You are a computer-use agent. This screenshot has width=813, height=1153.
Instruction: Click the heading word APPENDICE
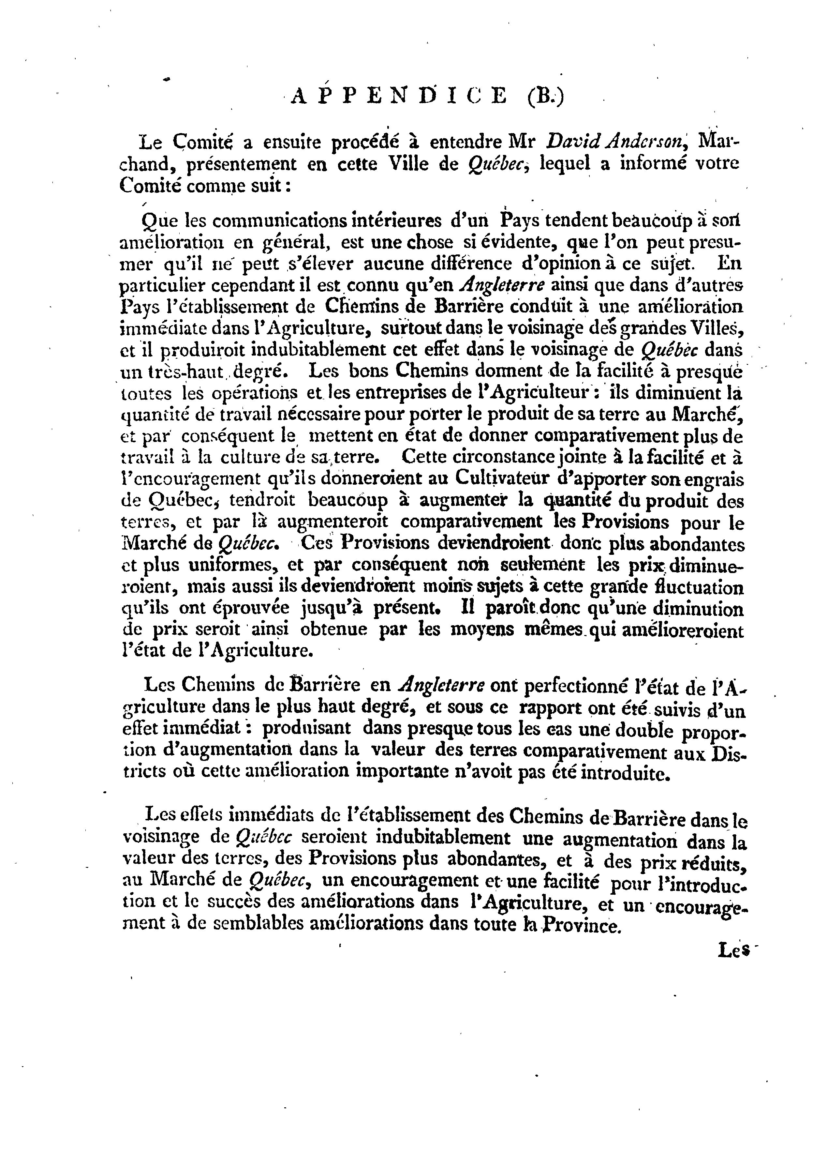pyautogui.click(x=399, y=96)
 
